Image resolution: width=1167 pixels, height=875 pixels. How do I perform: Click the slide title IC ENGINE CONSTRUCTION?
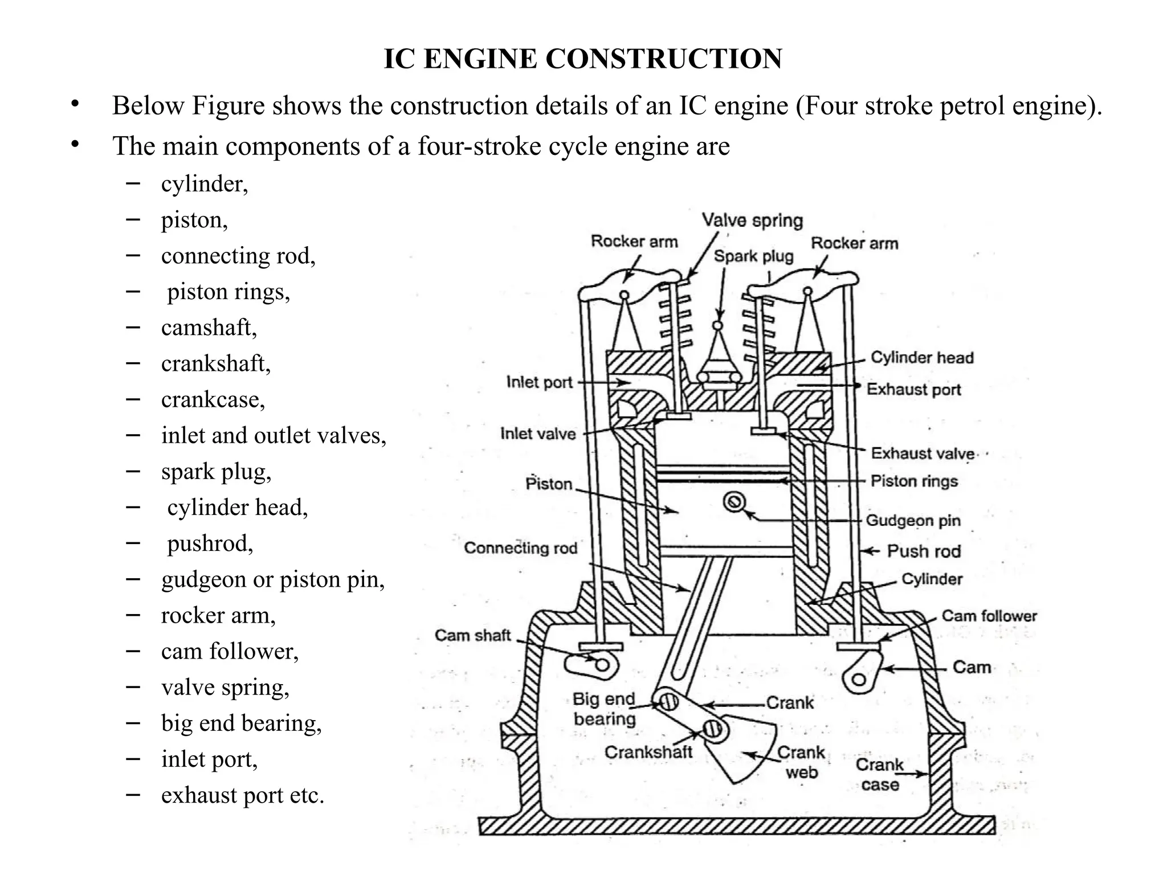(583, 59)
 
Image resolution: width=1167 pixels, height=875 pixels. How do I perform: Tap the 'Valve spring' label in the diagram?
(752, 220)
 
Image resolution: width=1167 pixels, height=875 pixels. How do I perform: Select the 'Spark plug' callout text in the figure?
(753, 256)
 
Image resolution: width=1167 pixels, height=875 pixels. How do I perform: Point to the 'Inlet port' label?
(539, 382)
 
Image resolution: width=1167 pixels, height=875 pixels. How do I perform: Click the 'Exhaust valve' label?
(922, 453)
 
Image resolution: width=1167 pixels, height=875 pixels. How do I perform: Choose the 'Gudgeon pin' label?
(913, 521)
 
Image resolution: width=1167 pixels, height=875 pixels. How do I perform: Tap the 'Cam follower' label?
(989, 616)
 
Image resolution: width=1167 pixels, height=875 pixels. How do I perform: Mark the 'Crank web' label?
(801, 763)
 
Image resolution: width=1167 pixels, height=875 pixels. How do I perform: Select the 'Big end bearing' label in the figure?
(604, 709)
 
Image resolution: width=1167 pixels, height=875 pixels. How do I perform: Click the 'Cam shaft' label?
(472, 635)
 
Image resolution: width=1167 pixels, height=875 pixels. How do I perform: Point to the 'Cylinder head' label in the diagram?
(922, 358)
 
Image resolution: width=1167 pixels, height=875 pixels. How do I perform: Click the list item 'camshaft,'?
(209, 328)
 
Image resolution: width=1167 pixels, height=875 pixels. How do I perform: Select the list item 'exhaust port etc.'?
(242, 795)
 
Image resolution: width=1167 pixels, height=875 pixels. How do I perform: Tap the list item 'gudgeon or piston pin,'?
(273, 580)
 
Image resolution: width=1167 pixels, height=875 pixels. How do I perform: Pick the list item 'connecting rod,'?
(238, 256)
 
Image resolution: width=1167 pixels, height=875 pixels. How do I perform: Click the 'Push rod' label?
(924, 551)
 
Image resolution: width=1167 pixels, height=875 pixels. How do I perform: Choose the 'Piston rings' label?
(914, 481)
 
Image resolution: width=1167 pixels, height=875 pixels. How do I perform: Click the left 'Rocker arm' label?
(634, 242)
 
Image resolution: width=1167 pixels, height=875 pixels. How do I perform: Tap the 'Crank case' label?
(880, 775)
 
